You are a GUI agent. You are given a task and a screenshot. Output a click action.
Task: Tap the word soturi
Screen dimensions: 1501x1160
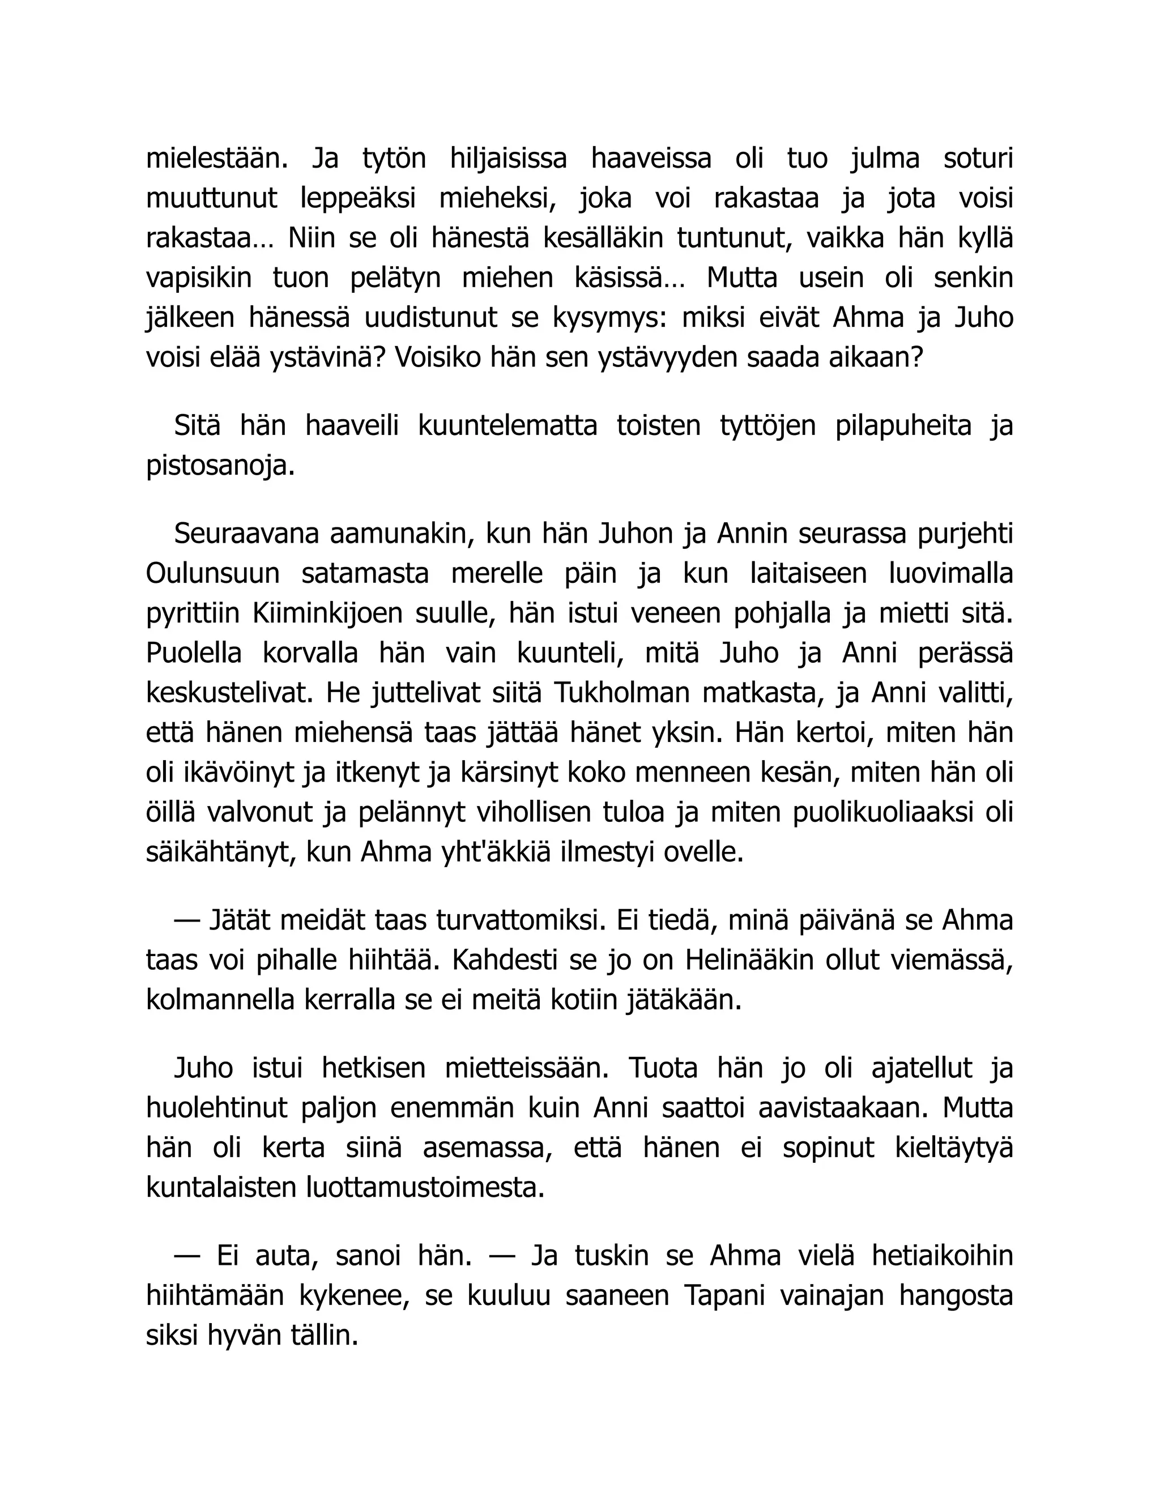coord(978,159)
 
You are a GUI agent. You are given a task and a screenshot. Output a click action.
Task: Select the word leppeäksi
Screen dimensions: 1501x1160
coord(357,199)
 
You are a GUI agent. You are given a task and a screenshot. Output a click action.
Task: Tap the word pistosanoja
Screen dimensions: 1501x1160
coord(220,467)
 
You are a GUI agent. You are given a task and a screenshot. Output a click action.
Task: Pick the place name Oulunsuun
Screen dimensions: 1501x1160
coord(212,574)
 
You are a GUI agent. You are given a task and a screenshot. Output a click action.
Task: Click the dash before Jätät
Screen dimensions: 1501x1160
coord(186,920)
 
